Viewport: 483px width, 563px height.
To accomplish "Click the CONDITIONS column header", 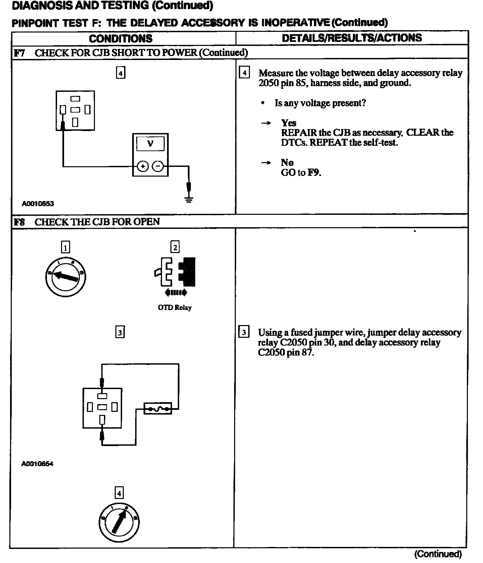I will [120, 39].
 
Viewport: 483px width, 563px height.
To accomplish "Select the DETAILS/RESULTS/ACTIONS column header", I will [352, 38].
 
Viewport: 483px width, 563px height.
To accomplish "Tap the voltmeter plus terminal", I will [143, 166].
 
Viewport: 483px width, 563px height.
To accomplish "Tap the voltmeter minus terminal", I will [158, 166].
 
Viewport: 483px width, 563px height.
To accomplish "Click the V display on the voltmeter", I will [150, 144].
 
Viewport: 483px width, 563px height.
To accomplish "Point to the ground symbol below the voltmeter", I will [189, 200].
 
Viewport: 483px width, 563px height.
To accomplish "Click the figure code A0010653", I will [38, 203].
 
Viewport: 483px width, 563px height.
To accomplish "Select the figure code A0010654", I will [37, 464].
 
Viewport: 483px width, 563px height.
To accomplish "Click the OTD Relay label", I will [174, 308].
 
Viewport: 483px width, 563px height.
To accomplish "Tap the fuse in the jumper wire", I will [158, 409].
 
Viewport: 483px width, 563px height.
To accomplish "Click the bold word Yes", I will [288, 123].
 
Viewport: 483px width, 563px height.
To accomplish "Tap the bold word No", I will [287, 163].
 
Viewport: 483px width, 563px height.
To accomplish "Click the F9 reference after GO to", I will [314, 173].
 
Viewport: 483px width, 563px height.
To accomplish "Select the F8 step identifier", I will [19, 222].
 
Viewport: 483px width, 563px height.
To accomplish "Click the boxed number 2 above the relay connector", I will [175, 247].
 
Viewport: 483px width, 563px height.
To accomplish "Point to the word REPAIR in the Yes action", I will [299, 132].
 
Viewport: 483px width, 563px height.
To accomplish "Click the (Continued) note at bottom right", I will [438, 554].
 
